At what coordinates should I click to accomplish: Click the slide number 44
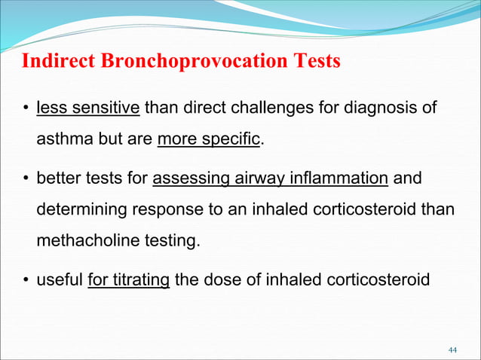point(452,350)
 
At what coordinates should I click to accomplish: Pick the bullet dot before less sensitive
point(25,108)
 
